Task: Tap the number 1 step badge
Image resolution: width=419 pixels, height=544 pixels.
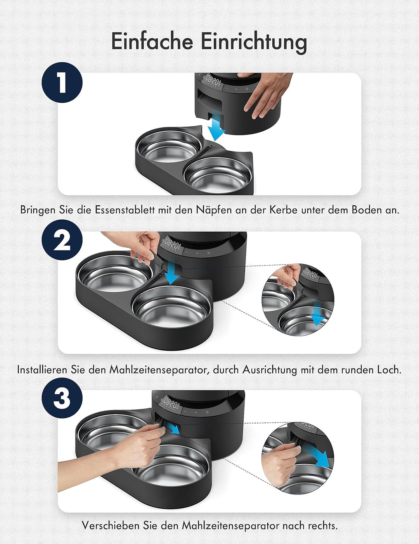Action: pyautogui.click(x=62, y=83)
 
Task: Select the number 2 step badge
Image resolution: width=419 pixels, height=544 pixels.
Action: pyautogui.click(x=62, y=240)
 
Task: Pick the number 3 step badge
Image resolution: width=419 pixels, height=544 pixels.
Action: pyautogui.click(x=62, y=398)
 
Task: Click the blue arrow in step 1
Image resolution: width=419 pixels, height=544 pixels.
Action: pyautogui.click(x=216, y=129)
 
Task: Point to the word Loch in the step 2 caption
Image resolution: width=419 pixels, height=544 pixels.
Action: pyautogui.click(x=389, y=370)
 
